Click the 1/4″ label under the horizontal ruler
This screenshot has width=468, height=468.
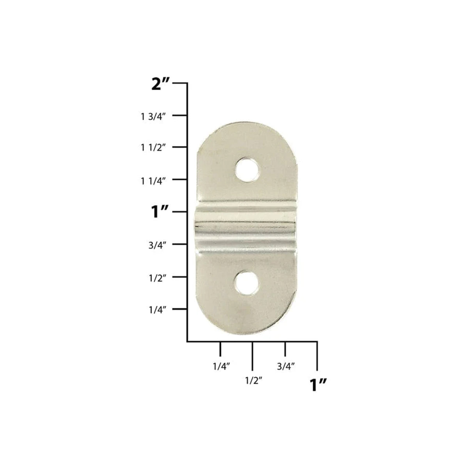pos(221,367)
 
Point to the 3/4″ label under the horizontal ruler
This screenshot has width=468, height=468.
pos(285,367)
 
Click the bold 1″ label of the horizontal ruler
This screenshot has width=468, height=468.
pos(317,385)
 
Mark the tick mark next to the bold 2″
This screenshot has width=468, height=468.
pos(180,83)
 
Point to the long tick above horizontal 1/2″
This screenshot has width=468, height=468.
pos(253,356)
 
